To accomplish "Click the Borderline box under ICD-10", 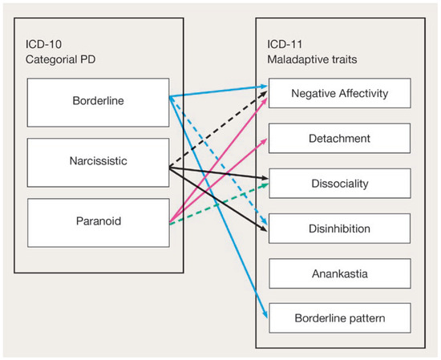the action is click(x=98, y=103).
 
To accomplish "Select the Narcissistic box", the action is click(x=98, y=163).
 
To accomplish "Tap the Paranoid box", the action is click(x=99, y=223).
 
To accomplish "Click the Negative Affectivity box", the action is click(x=339, y=93).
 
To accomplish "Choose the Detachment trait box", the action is click(x=339, y=138).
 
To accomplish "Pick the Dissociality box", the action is click(x=340, y=184).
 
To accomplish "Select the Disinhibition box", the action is click(x=339, y=229).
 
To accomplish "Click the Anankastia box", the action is click(x=340, y=273).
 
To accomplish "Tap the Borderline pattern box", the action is click(x=340, y=318).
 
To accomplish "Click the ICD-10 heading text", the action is click(x=43, y=44).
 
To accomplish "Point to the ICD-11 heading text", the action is click(x=285, y=44).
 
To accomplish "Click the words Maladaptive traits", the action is click(x=312, y=59).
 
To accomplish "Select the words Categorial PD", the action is click(x=60, y=59).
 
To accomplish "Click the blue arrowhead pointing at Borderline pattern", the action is click(x=265, y=315).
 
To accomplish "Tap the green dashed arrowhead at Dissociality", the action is click(x=265, y=185).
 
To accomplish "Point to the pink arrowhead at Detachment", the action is click(x=264, y=141).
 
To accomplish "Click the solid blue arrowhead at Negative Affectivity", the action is click(x=264, y=87).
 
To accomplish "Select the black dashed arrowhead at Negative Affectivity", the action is click(x=264, y=94).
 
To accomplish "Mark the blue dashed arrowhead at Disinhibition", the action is click(x=265, y=221).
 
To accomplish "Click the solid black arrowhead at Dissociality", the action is click(x=265, y=178).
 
